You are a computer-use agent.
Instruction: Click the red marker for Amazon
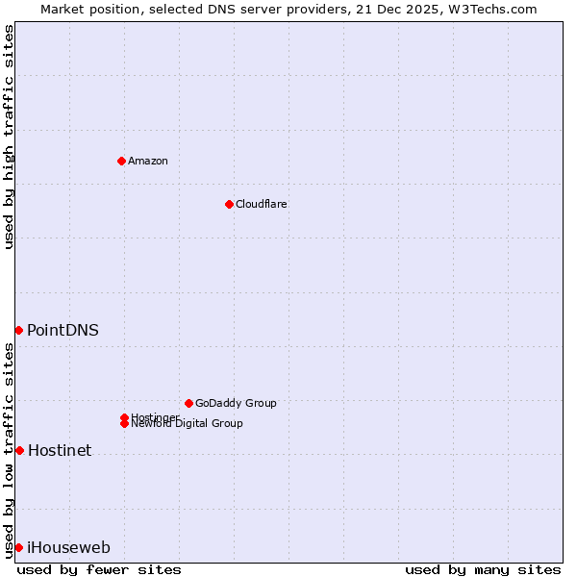[x=121, y=161]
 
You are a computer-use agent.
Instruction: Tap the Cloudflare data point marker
[x=229, y=204]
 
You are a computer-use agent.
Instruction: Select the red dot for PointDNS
[x=18, y=330]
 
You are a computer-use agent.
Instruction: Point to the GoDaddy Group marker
[x=188, y=403]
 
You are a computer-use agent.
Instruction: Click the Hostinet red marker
[x=19, y=450]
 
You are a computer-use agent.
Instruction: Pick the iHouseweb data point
[x=18, y=547]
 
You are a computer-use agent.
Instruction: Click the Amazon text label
[x=148, y=161]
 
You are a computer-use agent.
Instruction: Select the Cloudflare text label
[x=262, y=204]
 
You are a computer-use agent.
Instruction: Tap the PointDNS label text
[x=63, y=330]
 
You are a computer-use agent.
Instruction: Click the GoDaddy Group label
[x=236, y=403]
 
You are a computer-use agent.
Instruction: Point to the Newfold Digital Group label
[x=188, y=424]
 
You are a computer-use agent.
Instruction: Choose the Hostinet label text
[x=60, y=450]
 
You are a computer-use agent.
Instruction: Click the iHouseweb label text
[x=68, y=547]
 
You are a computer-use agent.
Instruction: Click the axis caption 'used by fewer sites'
[x=99, y=569]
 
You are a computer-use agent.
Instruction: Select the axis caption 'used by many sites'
[x=483, y=569]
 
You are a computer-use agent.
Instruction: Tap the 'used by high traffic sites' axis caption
[x=10, y=137]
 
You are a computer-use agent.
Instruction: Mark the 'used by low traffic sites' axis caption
[x=10, y=450]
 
